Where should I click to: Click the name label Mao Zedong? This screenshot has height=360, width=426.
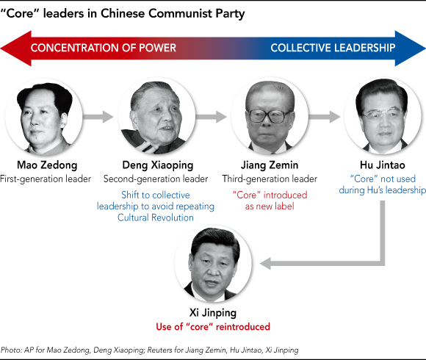[x=47, y=165]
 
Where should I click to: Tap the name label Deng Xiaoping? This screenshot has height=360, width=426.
[x=158, y=165]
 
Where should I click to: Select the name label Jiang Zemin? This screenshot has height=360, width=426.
[x=270, y=165]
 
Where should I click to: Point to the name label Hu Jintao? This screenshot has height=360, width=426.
[x=382, y=165]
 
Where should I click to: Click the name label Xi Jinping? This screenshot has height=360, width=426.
[x=213, y=313]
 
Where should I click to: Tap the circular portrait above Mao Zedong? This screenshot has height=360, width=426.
[x=44, y=117]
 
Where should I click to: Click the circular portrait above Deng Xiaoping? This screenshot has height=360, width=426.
[x=156, y=117]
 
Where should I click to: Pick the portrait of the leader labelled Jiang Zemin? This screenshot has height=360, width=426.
[x=270, y=117]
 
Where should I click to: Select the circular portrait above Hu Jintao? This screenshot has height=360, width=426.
[x=383, y=117]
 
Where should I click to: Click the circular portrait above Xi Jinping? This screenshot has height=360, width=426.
[x=213, y=264]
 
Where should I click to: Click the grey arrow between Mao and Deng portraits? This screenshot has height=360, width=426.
[x=98, y=117]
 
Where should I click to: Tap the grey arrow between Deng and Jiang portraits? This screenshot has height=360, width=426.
[x=211, y=117]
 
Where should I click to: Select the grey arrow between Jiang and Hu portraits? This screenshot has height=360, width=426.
[x=324, y=117]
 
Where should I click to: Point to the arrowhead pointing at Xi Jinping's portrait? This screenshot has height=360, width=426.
[x=265, y=264]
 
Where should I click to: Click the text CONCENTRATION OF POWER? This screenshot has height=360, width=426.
[x=104, y=48]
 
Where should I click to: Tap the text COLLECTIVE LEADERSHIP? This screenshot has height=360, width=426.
[x=333, y=48]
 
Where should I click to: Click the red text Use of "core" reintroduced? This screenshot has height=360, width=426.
[x=213, y=327]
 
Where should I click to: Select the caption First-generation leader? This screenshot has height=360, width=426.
[x=46, y=179]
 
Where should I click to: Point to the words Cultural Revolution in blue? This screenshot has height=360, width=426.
[x=156, y=217]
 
